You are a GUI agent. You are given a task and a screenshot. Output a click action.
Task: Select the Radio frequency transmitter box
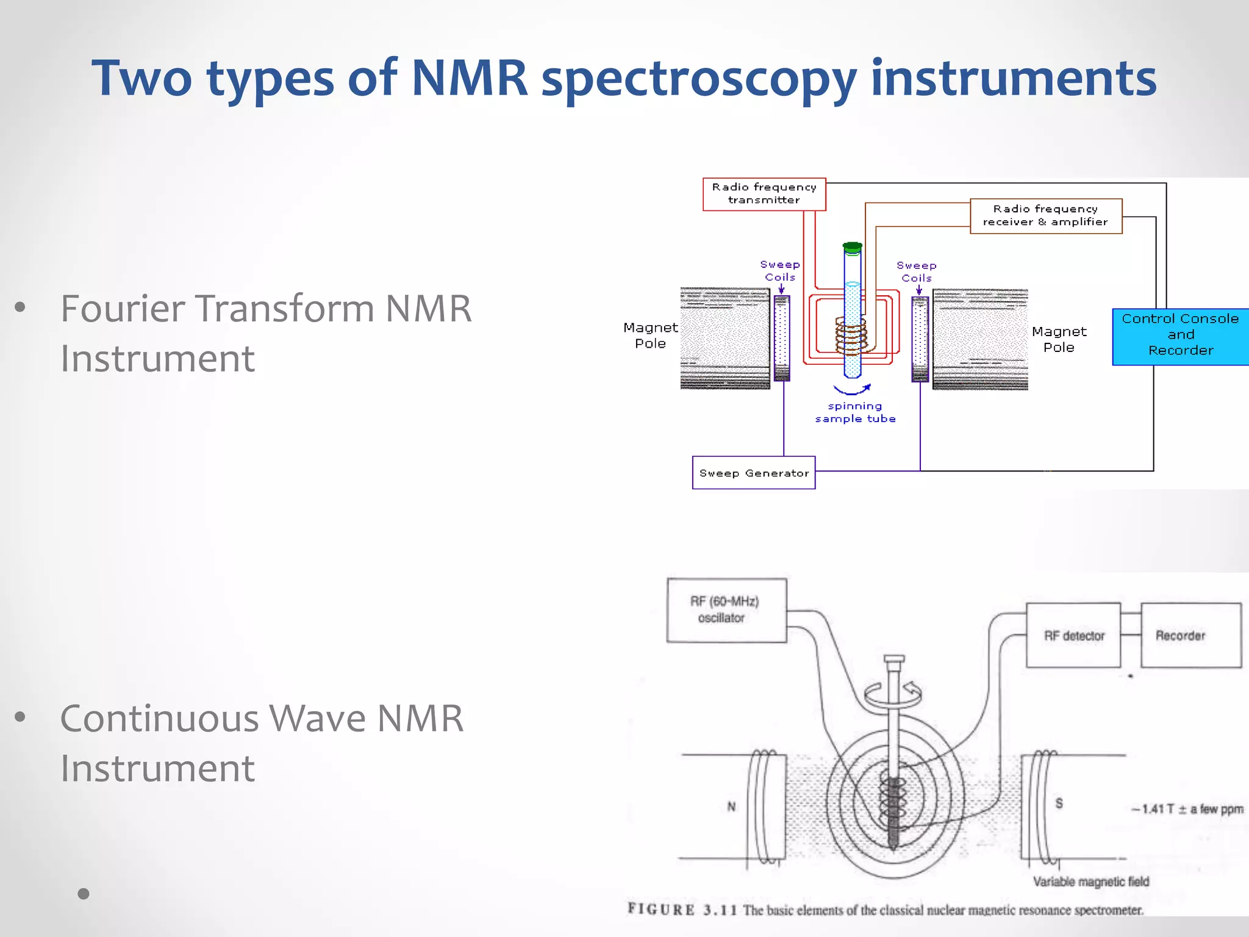point(764,194)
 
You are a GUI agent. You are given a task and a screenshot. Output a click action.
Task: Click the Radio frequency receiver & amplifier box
point(1045,216)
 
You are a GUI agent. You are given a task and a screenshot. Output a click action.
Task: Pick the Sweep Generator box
point(753,473)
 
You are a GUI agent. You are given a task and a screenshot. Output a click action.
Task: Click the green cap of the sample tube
point(852,248)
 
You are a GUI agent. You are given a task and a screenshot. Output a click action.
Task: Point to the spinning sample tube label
point(855,412)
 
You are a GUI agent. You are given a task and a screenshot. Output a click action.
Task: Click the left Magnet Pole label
point(650,336)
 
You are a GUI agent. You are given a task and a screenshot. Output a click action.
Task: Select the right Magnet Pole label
point(1059,339)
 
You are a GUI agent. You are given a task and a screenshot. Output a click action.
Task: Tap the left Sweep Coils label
point(780,270)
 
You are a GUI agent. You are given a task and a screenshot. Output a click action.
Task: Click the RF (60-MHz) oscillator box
point(726,609)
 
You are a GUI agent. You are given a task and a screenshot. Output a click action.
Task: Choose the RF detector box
point(1073,636)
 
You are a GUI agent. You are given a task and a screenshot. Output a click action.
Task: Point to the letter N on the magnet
point(731,806)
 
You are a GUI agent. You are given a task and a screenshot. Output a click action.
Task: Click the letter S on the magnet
point(1059,803)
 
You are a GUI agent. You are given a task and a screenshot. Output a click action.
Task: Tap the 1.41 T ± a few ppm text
point(1187,809)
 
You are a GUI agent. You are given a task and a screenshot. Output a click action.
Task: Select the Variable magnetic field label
point(1090,881)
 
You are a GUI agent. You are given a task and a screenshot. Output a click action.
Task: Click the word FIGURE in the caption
point(661,910)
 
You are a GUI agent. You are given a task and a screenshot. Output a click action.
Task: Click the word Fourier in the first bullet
point(122,309)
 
